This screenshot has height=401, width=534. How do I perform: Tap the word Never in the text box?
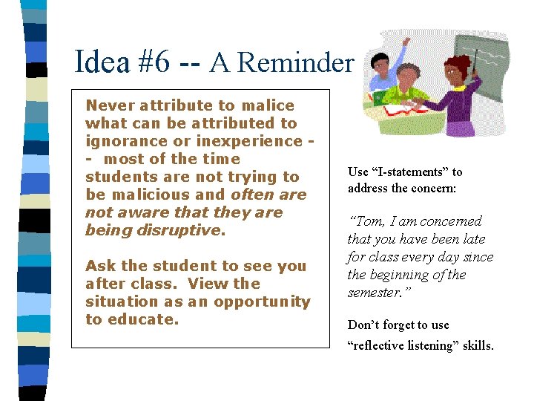tap(109, 105)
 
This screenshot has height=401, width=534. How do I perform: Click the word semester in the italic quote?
tap(374, 293)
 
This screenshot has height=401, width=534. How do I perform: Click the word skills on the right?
tap(477, 345)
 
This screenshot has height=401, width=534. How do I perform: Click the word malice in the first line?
tap(269, 105)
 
